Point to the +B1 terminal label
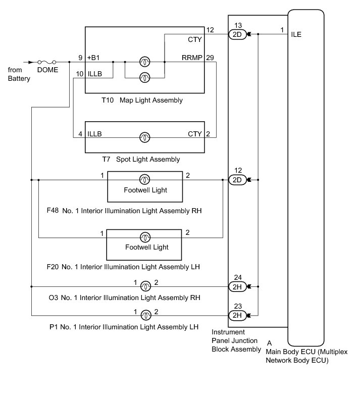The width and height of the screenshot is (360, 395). [95, 58]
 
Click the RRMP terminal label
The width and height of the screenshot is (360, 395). [192, 58]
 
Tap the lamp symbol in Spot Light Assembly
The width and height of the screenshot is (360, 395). [145, 137]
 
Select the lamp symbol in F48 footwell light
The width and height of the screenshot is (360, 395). [145, 179]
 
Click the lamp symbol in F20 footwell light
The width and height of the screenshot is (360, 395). [145, 237]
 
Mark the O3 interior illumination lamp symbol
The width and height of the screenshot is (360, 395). [145, 286]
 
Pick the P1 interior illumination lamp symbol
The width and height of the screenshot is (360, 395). [145, 315]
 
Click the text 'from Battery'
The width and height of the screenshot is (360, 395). [19, 74]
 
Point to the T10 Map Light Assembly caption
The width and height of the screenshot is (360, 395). [142, 101]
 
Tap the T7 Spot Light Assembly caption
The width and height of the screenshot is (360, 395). [141, 160]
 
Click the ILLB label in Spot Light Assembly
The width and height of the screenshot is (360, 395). [95, 134]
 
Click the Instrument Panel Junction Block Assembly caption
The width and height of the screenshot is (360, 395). [236, 341]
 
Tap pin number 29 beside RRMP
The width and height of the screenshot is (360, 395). [210, 58]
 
